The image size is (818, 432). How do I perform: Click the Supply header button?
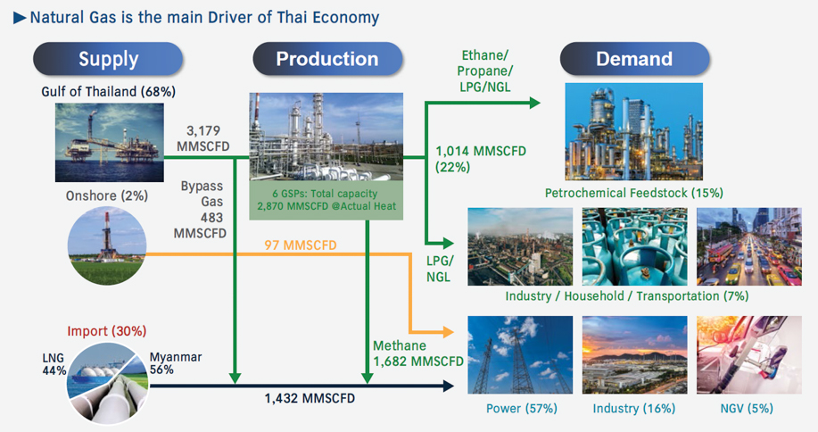108,60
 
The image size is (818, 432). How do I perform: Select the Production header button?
326,60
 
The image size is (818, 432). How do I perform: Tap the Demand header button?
634,60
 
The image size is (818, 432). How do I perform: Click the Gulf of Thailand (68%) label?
108,92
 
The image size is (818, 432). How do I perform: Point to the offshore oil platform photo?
108,140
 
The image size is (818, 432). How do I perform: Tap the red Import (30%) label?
107,331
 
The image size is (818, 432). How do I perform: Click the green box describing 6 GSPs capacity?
326,200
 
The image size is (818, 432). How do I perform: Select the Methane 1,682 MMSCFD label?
417,353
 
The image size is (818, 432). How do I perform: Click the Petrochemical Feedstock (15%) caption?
633,193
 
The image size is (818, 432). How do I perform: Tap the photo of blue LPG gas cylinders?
634,245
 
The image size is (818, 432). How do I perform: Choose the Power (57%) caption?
521,409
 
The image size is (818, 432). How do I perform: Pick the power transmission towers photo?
521,355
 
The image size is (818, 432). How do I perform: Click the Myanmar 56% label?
176,363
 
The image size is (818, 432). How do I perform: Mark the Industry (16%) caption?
633,409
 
